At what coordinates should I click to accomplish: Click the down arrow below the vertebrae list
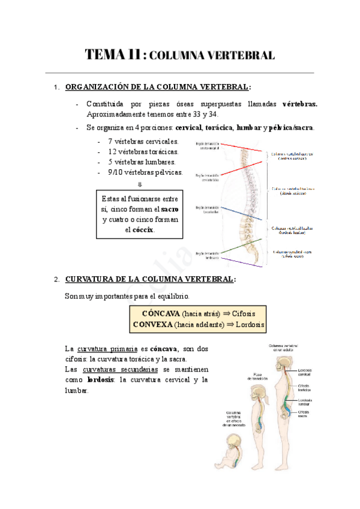140,184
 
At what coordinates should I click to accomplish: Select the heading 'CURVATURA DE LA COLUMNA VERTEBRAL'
150,279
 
